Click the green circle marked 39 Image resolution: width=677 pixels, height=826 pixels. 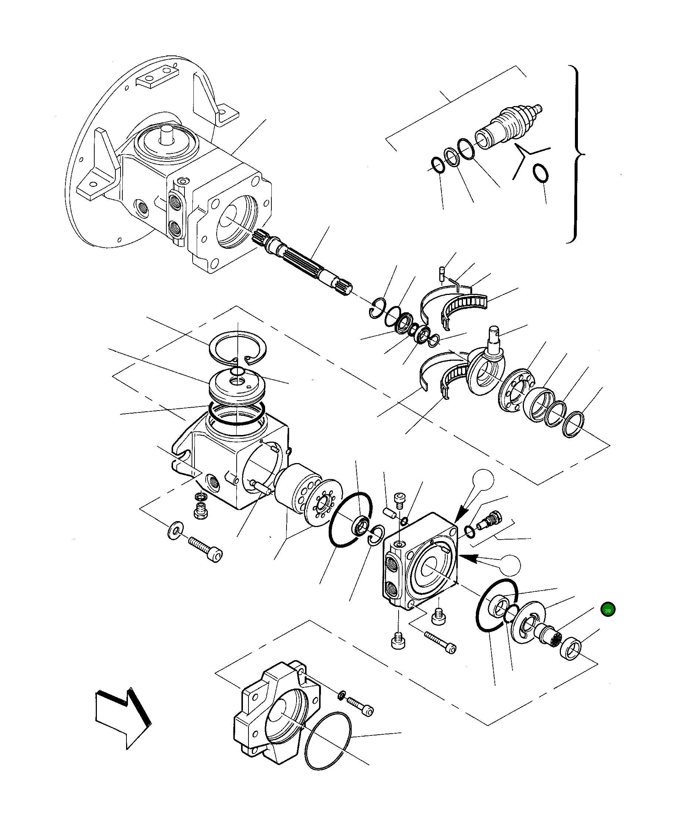tap(608, 620)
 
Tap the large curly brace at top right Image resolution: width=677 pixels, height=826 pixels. tap(577, 154)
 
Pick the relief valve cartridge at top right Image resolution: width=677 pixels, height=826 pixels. tap(508, 126)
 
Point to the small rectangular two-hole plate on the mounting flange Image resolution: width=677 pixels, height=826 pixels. tap(156, 77)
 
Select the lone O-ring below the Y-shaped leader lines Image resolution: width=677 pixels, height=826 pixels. tap(541, 173)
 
